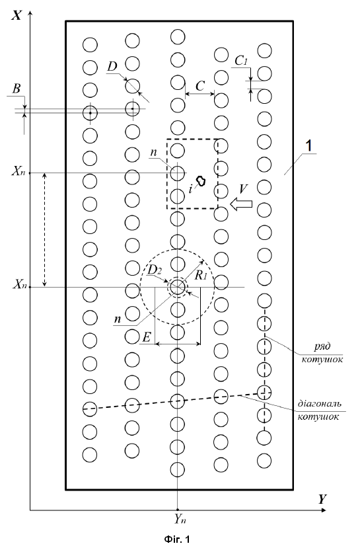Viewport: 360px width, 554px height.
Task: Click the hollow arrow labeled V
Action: [x=241, y=204]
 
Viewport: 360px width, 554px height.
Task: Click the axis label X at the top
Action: [x=17, y=15]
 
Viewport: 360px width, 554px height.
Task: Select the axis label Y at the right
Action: [x=322, y=499]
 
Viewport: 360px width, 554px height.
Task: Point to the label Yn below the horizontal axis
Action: [x=180, y=519]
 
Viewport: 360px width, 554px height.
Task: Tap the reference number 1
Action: [x=308, y=146]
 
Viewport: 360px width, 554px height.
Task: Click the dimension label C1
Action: [x=241, y=61]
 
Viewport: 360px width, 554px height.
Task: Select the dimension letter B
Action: [x=17, y=89]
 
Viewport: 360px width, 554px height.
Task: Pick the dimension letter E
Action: [x=147, y=337]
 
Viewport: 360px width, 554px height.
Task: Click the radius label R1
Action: [x=200, y=275]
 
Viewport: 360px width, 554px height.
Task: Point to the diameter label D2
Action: [x=155, y=270]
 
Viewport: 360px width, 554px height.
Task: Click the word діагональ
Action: [x=320, y=403]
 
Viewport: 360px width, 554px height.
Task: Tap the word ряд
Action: [x=322, y=346]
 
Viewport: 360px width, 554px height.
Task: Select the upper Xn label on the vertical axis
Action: [x=18, y=171]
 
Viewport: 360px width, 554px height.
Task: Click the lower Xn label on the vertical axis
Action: [x=18, y=284]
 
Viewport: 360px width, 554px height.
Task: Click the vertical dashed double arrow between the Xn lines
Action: [x=44, y=229]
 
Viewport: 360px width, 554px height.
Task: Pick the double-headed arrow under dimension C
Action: [x=199, y=94]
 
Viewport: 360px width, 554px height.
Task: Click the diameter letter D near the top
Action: [x=112, y=66]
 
